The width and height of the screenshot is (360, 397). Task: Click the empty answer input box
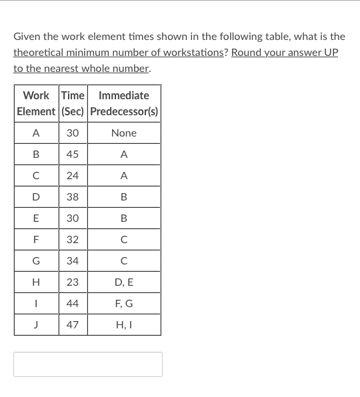pos(87,364)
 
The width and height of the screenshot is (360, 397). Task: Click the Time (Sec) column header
pos(73,103)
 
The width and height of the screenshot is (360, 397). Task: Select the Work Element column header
pos(36,103)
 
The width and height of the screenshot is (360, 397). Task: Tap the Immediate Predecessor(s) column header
pos(123,103)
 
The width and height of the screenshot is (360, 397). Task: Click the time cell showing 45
pos(73,154)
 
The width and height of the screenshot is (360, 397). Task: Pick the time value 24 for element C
pos(73,176)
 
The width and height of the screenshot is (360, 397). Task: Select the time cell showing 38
pos(73,197)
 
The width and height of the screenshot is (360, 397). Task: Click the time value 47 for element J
pos(73,325)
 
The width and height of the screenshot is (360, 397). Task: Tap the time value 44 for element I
pos(73,304)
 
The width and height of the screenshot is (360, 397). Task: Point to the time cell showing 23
pos(73,282)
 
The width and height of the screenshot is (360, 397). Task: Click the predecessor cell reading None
pos(123,133)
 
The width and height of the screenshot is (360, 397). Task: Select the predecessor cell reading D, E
pos(123,282)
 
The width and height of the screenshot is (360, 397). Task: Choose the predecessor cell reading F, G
pos(123,304)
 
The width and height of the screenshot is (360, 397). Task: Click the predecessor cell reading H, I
pos(123,325)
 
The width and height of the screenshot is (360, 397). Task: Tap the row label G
pos(36,261)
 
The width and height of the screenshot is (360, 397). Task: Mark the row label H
pos(36,282)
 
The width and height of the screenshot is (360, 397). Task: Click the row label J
pos(36,325)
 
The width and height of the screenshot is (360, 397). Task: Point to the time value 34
pos(73,261)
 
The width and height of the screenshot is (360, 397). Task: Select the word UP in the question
pos(331,53)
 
